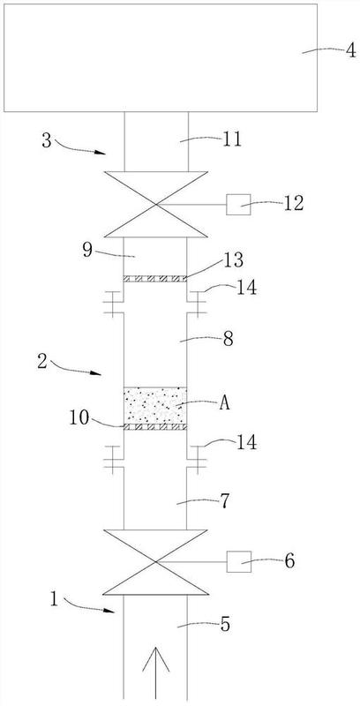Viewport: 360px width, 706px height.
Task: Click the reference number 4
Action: [x=350, y=49]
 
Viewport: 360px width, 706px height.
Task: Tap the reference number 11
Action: [x=232, y=140]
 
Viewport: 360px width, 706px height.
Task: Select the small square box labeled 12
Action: [x=238, y=205]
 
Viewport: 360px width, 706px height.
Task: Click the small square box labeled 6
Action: [x=238, y=561]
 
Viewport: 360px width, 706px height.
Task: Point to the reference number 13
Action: [x=234, y=259]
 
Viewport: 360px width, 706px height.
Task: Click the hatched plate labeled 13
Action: [x=155, y=279]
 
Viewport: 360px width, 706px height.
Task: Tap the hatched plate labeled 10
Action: [x=155, y=427]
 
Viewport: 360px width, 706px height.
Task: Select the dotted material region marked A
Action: [x=155, y=405]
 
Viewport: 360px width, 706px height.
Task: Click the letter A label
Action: [x=224, y=404]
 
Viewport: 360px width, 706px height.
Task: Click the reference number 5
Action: [x=224, y=625]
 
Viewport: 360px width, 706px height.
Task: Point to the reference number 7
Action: [x=224, y=499]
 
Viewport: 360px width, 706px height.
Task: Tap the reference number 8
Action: [x=229, y=339]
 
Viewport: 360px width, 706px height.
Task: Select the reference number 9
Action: [x=87, y=251]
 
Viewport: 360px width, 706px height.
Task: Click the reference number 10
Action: [x=79, y=417]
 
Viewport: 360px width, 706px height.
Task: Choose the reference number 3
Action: [x=47, y=140]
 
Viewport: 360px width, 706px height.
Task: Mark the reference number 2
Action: [x=42, y=362]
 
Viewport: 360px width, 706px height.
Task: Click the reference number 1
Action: [x=55, y=600]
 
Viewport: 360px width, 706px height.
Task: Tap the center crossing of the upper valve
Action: [x=156, y=205]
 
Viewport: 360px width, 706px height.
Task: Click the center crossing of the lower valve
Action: [x=155, y=562]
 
